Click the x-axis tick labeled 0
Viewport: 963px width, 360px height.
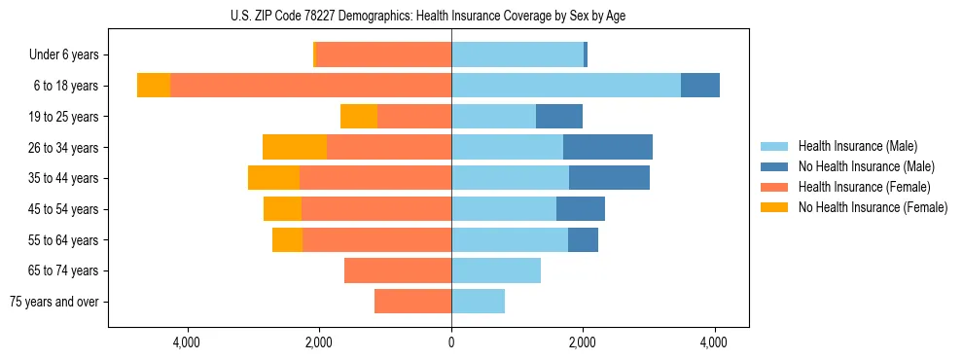[451, 342]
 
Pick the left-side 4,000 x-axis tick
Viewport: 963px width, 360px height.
[187, 342]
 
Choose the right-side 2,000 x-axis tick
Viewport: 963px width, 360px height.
[583, 342]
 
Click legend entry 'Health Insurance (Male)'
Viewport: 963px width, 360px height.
[858, 146]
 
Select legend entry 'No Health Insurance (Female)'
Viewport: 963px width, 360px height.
[873, 207]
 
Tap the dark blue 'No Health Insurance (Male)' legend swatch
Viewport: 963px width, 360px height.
[775, 166]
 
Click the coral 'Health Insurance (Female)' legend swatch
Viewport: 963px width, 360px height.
[775, 187]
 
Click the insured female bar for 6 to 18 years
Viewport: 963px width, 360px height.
[310, 86]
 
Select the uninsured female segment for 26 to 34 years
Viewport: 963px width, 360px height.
[295, 147]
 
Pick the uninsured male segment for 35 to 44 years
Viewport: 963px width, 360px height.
[609, 178]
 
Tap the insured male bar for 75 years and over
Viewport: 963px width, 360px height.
[478, 302]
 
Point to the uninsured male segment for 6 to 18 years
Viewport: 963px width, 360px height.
[700, 86]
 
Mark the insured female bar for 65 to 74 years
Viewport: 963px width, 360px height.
[398, 270]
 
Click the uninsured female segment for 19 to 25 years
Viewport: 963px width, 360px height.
[359, 117]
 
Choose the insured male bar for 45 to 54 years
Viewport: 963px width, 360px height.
[504, 209]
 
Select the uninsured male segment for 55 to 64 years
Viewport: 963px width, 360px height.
[583, 239]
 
